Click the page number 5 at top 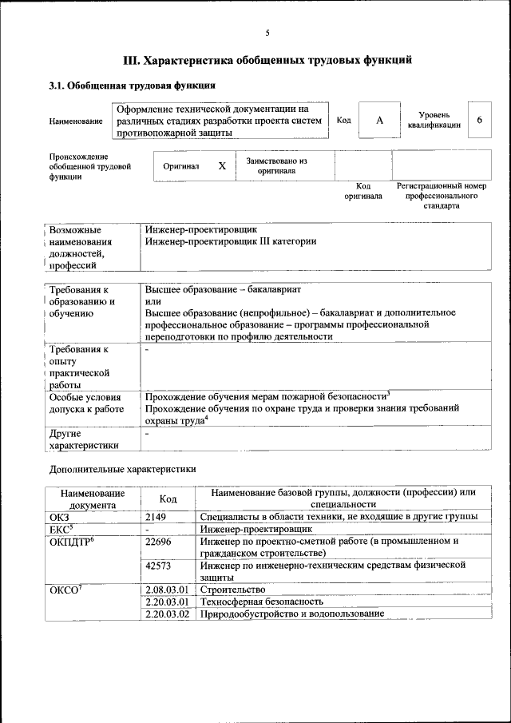pyautogui.click(x=267, y=33)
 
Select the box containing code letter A pyautogui.click(x=379, y=120)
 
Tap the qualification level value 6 pyautogui.click(x=479, y=120)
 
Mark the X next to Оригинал pyautogui.click(x=222, y=165)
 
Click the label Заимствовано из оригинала pyautogui.click(x=276, y=165)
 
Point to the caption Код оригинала pyautogui.click(x=363, y=191)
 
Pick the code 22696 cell pyautogui.click(x=159, y=541)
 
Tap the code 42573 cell pyautogui.click(x=159, y=565)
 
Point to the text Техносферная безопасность pyautogui.click(x=262, y=602)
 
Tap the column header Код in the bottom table pyautogui.click(x=168, y=499)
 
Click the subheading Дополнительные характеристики pyautogui.click(x=122, y=470)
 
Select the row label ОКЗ pyautogui.click(x=60, y=517)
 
